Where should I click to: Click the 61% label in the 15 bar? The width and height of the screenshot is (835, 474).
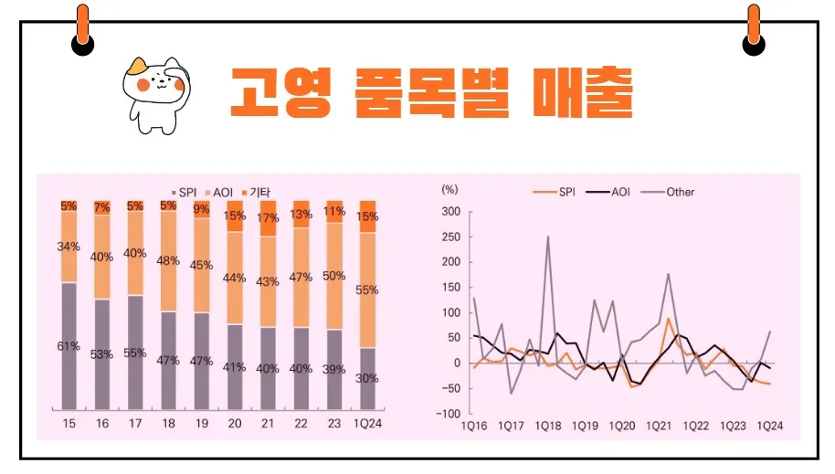[69, 346]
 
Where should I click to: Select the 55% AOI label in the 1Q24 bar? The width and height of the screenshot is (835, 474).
[367, 290]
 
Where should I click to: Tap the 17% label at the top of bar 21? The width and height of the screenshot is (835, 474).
[268, 218]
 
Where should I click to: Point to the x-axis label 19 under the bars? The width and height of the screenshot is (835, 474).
[202, 426]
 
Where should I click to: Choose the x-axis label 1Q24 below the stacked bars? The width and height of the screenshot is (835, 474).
[366, 426]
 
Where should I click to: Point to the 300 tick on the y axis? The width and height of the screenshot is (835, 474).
[450, 212]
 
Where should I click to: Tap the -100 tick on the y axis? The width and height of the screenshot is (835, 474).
[449, 414]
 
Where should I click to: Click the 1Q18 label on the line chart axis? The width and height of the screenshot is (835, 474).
[548, 426]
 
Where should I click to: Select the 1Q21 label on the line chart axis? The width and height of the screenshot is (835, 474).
[659, 426]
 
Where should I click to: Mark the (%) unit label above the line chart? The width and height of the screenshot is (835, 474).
[449, 190]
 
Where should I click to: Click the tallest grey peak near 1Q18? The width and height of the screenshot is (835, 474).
[548, 237]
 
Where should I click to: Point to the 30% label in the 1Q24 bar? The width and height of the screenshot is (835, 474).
[367, 378]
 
